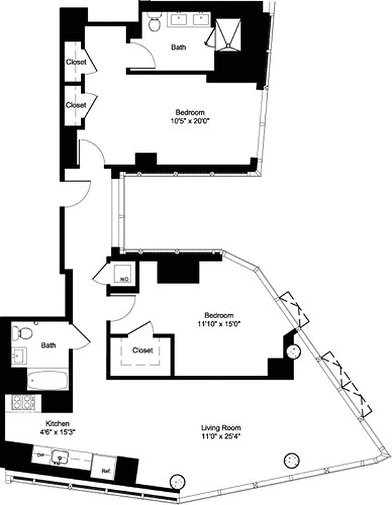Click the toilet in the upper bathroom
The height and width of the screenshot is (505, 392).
(x=153, y=24)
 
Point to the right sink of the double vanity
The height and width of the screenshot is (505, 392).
(x=201, y=18)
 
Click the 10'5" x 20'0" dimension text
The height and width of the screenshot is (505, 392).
(x=190, y=122)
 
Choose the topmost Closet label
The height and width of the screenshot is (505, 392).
(x=76, y=62)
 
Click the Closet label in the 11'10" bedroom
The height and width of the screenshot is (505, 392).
(x=142, y=350)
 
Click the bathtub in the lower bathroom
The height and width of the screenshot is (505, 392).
(x=48, y=381)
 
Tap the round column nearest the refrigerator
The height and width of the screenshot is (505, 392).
(x=178, y=481)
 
